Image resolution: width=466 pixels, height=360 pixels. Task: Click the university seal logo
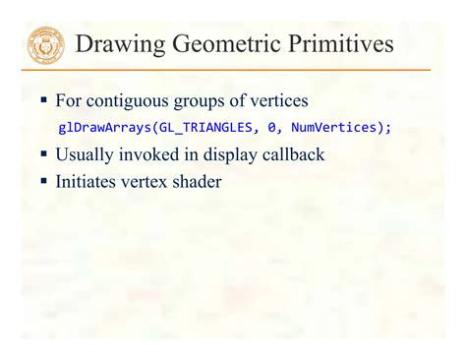coord(45,45)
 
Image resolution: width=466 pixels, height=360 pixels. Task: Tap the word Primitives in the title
coord(339,45)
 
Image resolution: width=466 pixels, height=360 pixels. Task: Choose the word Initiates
coord(87,181)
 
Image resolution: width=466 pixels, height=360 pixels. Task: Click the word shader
coord(195,181)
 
